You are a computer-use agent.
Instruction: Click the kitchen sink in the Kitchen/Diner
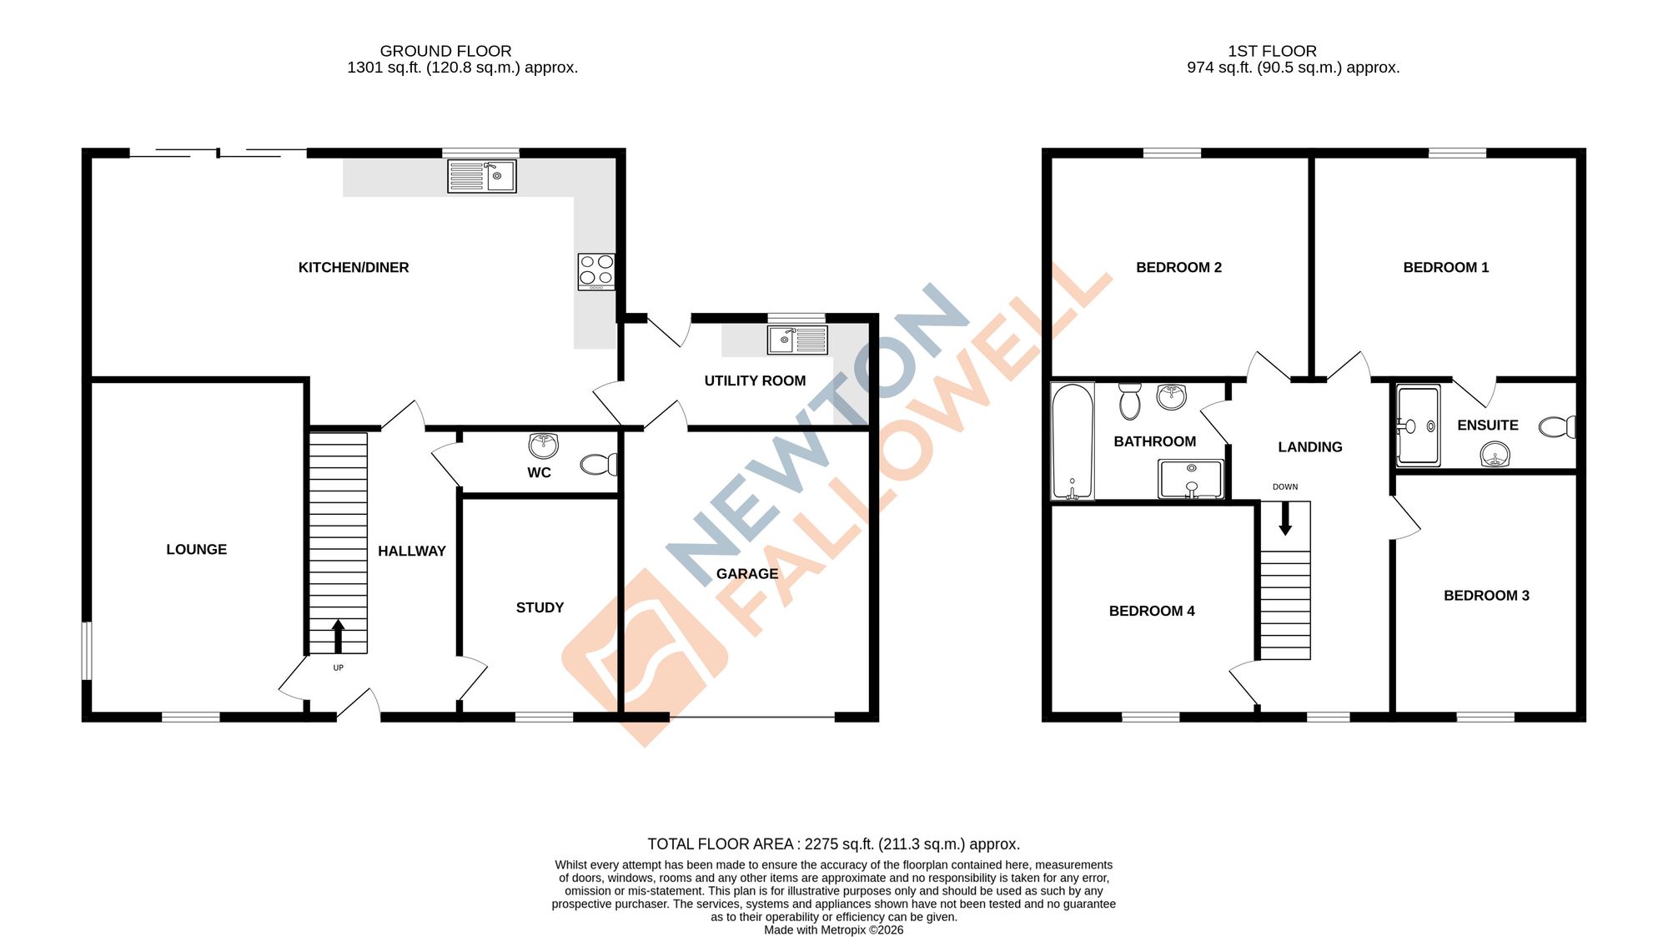[482, 176]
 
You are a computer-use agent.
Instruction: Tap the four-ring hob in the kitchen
[596, 271]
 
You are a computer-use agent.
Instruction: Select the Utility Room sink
[797, 340]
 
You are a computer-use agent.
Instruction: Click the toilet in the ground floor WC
[599, 464]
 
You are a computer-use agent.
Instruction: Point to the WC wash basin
[544, 446]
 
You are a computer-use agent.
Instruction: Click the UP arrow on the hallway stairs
[338, 636]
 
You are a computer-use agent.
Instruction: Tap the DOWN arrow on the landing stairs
[1285, 518]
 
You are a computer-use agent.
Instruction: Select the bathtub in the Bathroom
[1073, 441]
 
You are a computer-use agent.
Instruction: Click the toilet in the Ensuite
[1556, 427]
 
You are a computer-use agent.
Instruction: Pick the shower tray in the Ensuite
[1419, 425]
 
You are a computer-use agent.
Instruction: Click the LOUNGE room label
[196, 549]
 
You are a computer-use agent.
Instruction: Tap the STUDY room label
[540, 607]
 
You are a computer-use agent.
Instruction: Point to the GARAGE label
[746, 574]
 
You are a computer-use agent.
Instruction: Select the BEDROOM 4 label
[1151, 611]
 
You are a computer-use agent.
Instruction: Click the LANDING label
[1309, 447]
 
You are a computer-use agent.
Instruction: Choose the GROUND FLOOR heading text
[445, 51]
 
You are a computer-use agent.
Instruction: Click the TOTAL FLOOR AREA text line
[833, 844]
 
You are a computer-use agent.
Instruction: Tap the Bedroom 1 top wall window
[1457, 153]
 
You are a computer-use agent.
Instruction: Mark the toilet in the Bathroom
[1130, 401]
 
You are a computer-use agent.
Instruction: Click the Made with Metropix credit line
[833, 929]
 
